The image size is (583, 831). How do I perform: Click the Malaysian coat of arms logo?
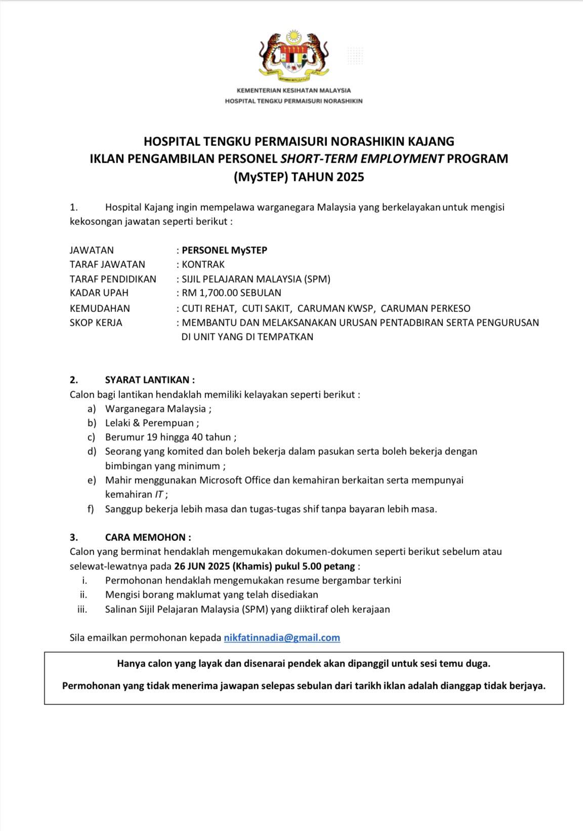[x=294, y=56]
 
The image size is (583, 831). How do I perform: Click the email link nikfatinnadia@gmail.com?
[x=282, y=638]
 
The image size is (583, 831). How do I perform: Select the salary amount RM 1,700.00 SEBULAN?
[x=231, y=293]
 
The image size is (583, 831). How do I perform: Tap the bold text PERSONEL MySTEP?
[x=224, y=250]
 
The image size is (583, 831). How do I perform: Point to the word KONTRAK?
[x=203, y=264]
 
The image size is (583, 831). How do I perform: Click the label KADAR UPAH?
[x=99, y=293]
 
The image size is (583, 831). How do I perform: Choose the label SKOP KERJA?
[x=96, y=323]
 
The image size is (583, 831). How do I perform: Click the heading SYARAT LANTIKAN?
[x=149, y=380]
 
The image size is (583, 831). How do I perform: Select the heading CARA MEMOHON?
[x=148, y=537]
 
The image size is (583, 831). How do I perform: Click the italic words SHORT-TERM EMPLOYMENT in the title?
[x=362, y=159]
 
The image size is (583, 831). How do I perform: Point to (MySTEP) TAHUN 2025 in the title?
[x=299, y=177]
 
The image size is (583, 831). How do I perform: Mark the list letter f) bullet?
[x=91, y=509]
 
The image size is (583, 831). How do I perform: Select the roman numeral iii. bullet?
[x=82, y=609]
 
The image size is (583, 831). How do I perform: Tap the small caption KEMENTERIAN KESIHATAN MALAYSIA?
[x=294, y=90]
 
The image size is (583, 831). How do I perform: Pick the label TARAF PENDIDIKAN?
[x=113, y=279]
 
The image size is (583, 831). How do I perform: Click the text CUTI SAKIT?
[x=266, y=308]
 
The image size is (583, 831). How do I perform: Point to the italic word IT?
[x=159, y=495]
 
